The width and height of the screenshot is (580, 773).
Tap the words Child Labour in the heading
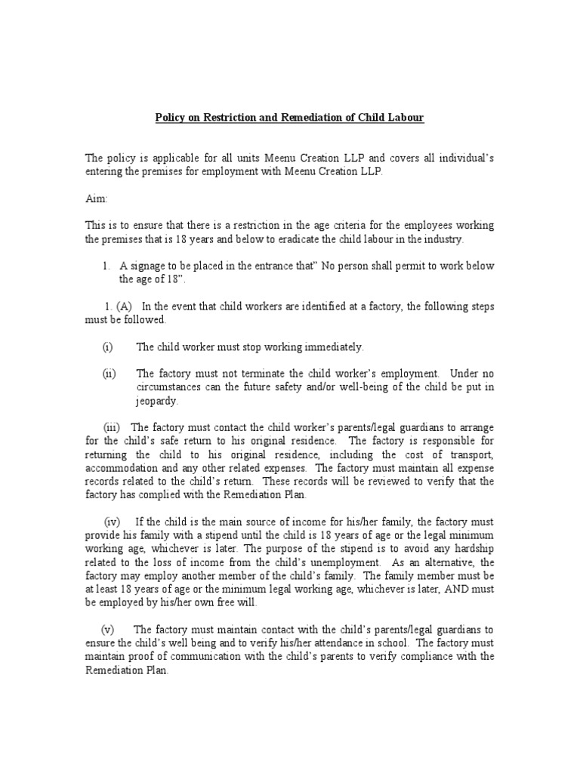click(x=398, y=118)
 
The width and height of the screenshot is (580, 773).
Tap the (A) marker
click(x=125, y=306)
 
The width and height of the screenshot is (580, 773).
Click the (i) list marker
click(x=107, y=346)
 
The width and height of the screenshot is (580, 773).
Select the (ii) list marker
click(x=108, y=374)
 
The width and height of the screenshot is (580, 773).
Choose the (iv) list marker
click(x=113, y=522)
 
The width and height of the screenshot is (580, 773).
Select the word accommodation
click(x=117, y=467)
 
